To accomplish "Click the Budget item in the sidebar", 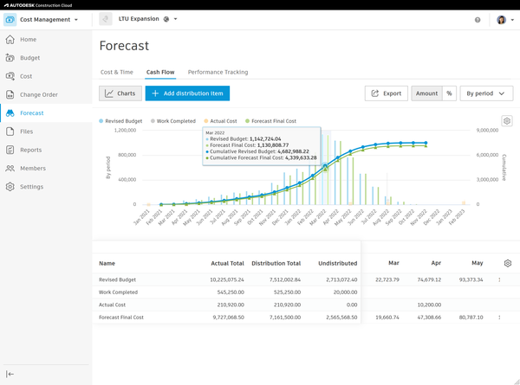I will coord(29,58).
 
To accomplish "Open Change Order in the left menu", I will coord(38,94).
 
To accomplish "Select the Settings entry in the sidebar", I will coord(31,187).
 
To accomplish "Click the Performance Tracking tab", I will coord(218,72).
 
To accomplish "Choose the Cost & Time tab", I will coord(117,72).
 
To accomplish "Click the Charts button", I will coord(120,93).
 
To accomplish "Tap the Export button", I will coord(386,93).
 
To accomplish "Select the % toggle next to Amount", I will coord(449,93).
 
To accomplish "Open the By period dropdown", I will coord(486,93).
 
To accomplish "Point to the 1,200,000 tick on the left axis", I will coord(120,131).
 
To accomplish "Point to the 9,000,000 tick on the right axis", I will coord(487,131).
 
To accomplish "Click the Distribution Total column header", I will coord(276,263).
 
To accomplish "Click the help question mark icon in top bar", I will coord(478,19).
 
